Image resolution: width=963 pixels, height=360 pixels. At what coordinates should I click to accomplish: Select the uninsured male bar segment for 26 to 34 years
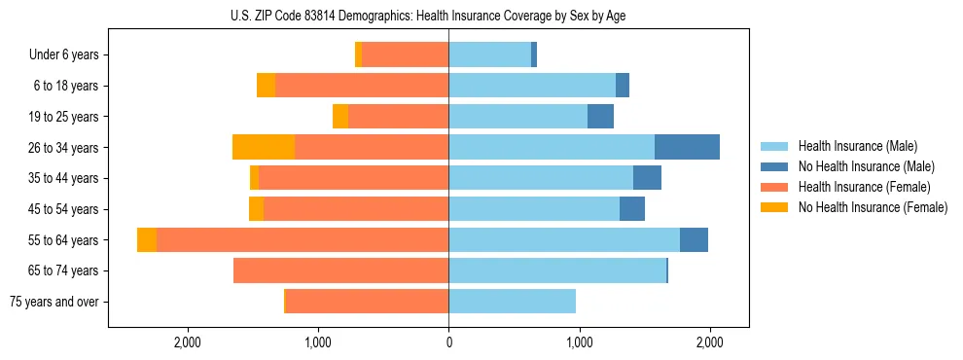pos(687,147)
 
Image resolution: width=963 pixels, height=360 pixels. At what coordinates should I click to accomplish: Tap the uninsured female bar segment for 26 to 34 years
pos(264,147)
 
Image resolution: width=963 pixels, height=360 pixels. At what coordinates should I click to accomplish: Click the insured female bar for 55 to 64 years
pos(303,239)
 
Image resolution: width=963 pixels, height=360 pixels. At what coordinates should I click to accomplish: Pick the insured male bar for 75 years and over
pos(512,302)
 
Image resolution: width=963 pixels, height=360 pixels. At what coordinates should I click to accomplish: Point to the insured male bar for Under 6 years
pos(489,54)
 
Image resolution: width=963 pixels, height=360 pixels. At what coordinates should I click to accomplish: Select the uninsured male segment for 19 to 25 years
pos(600,117)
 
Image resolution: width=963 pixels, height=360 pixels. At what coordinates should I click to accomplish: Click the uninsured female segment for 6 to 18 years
pos(266,86)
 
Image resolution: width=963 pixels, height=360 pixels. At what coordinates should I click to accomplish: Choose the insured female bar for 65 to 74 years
pos(340,270)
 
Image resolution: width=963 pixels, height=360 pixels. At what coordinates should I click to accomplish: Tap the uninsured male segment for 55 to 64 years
pos(694,239)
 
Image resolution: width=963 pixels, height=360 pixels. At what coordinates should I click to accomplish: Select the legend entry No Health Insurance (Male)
pos(865,166)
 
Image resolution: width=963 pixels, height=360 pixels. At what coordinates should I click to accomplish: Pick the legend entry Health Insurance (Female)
pos(864,187)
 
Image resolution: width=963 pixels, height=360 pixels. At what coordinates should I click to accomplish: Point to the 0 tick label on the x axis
pos(448,342)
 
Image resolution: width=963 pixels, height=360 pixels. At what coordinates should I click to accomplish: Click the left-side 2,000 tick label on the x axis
pos(187,342)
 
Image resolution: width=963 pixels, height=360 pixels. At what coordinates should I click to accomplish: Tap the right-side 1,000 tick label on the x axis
pos(579,342)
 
